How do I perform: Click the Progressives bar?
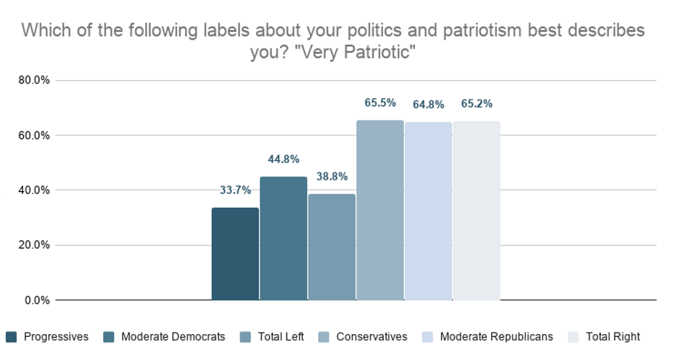pos(235,254)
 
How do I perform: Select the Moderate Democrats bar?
pos(283,239)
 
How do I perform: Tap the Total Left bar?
pos(332,247)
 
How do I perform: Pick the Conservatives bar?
pos(380,210)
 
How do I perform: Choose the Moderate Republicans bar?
pos(428,211)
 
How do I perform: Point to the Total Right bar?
pos(476,211)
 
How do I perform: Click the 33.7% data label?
pos(235,190)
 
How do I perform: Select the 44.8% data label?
pos(283,159)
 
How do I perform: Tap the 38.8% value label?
pos(332,176)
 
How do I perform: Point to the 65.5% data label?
pos(380,102)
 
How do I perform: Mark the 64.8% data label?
pos(428,105)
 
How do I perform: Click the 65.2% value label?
pos(477,103)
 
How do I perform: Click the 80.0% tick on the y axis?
pos(34,80)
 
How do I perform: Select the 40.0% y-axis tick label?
pos(34,190)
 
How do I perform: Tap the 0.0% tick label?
pos(37,300)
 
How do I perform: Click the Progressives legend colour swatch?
pos(12,337)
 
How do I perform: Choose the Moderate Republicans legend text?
pos(496,337)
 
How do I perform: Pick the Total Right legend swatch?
pos(573,337)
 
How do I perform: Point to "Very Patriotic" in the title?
pos(356,53)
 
